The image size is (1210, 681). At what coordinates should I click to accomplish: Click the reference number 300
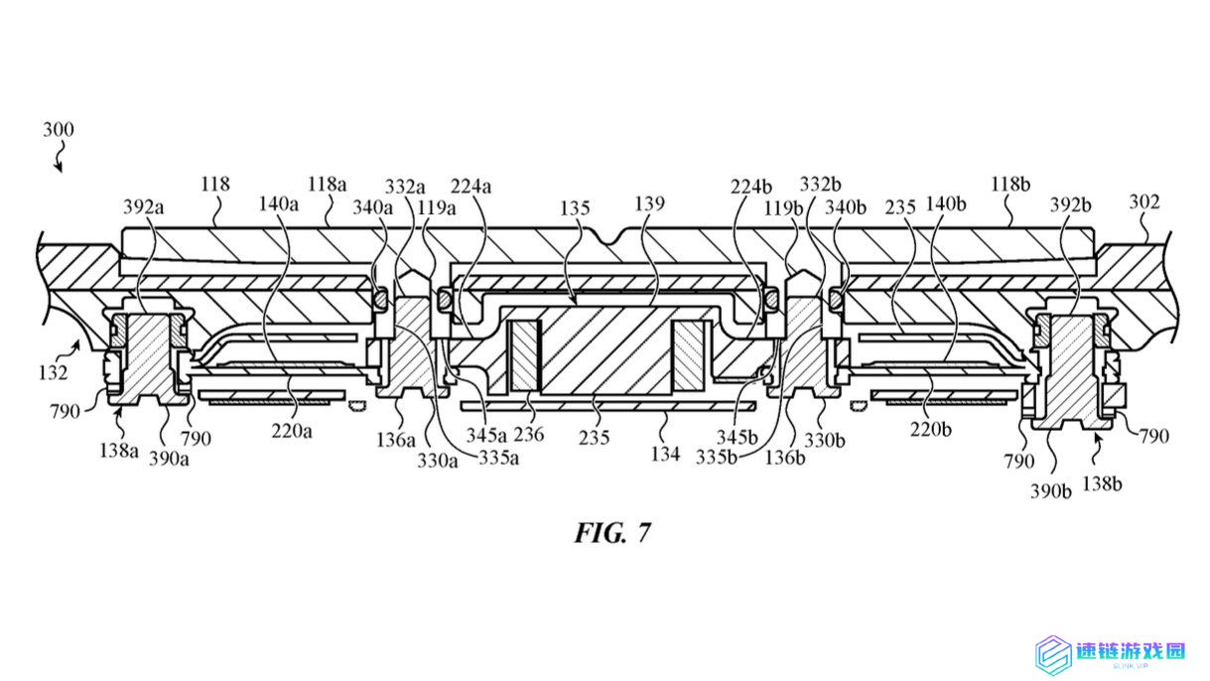pos(59,130)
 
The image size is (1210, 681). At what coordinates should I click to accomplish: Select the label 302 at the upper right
pos(1144,202)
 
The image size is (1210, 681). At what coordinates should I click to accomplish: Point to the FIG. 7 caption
pos(612,533)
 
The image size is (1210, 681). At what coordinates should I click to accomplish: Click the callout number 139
pos(649,204)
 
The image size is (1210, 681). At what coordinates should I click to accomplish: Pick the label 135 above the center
pos(575,207)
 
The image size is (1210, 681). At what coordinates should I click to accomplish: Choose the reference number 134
pos(665,454)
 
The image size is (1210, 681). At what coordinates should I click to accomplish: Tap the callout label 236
pos(529,434)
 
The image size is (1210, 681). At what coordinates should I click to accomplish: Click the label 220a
pos(292,431)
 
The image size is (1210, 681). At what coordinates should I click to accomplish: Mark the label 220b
pos(931,429)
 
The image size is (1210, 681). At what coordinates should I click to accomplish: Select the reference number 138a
pos(119,450)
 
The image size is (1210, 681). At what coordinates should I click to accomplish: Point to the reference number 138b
pos(1103,483)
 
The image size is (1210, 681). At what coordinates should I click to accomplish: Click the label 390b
pos(1050,491)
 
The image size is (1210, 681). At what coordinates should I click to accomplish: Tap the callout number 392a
pos(143,206)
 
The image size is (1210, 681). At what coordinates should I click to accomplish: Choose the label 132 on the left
pos(53,372)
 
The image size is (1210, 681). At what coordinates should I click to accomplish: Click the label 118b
pos(1010,185)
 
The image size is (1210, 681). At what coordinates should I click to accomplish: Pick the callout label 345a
pos(486,434)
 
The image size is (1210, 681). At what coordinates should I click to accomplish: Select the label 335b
pos(717,457)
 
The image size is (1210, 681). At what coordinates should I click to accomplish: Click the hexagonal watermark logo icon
pos(1053,655)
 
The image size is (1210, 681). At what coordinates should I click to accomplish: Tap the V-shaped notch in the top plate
pos(609,236)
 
